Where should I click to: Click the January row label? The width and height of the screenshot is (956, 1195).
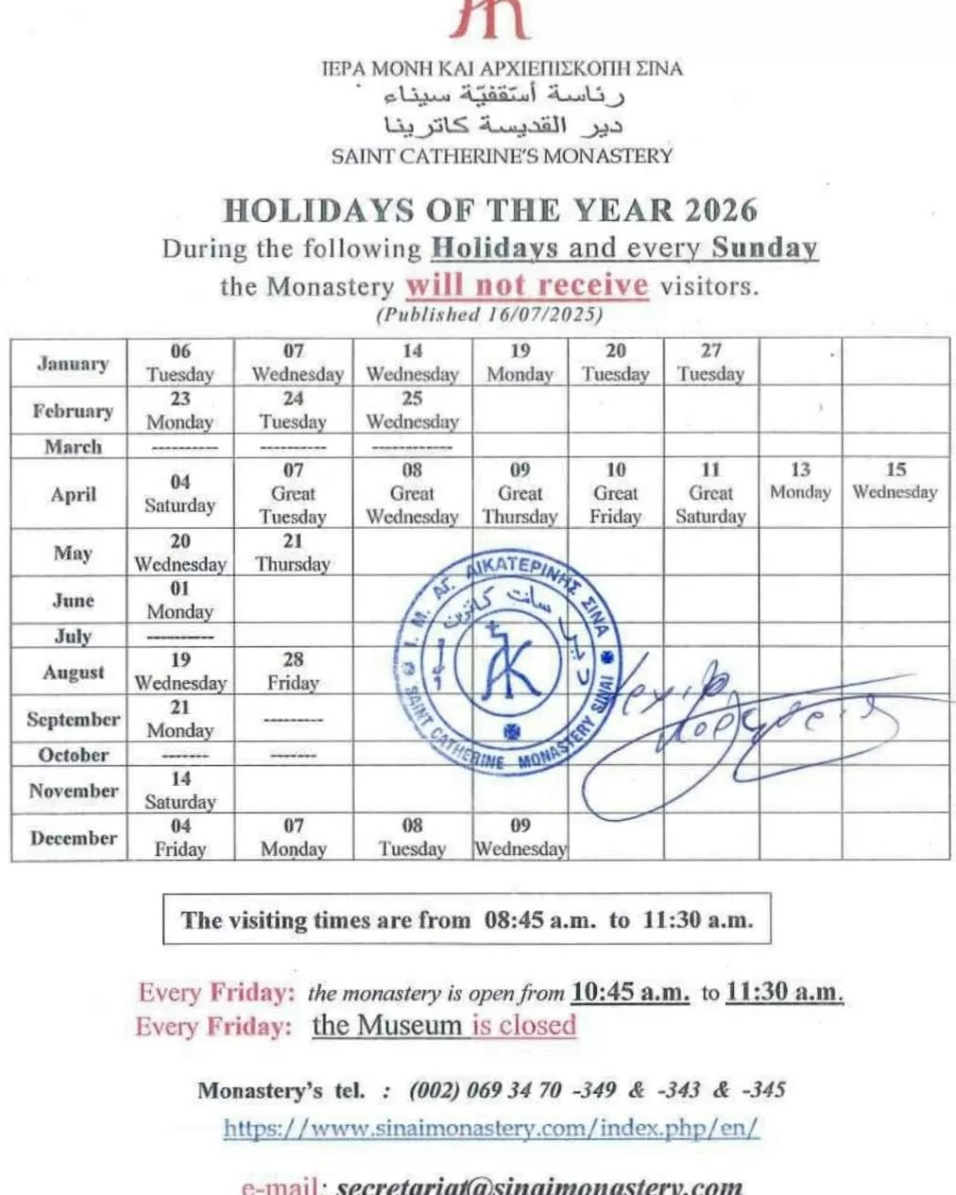[x=73, y=364]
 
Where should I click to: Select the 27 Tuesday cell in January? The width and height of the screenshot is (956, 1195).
[x=710, y=363]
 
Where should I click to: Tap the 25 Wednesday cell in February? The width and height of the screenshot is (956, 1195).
[x=412, y=410]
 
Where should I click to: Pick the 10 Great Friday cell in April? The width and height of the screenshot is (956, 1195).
[x=616, y=493]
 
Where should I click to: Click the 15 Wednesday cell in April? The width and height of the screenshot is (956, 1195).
[x=895, y=481]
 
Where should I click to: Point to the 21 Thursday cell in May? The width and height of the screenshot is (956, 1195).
[x=293, y=553]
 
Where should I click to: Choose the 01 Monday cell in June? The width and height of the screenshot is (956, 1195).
[x=179, y=600]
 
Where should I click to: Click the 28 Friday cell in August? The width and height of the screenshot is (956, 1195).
[x=293, y=671]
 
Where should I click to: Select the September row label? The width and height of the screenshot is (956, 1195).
[x=73, y=720]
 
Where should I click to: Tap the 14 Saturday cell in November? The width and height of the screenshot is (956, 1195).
[x=179, y=790]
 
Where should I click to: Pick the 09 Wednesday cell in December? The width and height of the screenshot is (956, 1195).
[x=520, y=837]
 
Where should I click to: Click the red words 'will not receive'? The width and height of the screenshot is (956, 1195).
[x=527, y=285]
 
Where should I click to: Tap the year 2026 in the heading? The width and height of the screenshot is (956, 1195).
[x=722, y=210]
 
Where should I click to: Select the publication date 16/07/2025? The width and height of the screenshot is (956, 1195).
[x=545, y=315]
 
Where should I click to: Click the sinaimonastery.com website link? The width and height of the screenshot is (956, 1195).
[x=491, y=1128]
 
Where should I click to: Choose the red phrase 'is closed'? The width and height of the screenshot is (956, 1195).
[x=523, y=1025]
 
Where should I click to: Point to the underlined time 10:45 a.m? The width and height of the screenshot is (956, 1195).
[x=630, y=993]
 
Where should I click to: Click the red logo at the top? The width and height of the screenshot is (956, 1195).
[x=489, y=19]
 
